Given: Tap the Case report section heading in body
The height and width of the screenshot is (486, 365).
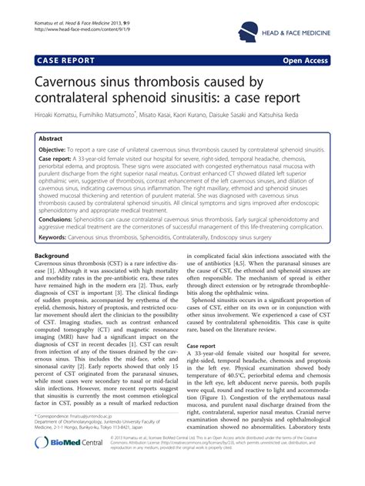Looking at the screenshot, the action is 208,347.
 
